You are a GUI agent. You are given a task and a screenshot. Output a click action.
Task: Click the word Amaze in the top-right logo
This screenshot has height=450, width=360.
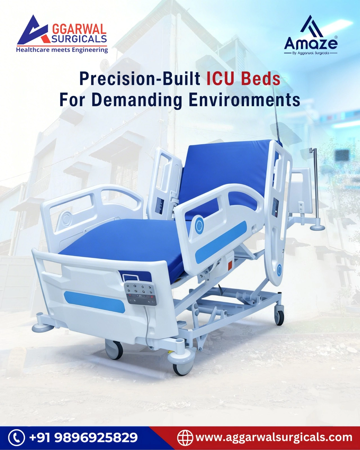click(311, 43)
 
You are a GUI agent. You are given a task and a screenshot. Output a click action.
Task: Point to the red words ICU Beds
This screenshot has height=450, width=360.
click(243, 79)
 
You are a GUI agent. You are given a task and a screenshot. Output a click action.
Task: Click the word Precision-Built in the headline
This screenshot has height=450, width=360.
click(140, 79)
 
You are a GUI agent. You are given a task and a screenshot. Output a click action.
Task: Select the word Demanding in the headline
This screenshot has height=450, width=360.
click(137, 100)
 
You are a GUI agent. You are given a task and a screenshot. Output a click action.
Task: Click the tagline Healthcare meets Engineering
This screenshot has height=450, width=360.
click(62, 50)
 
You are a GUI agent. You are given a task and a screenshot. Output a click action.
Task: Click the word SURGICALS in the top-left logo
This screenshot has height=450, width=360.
click(79, 39)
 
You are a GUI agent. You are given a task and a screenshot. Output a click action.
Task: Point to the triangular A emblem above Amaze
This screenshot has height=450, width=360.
click(311, 26)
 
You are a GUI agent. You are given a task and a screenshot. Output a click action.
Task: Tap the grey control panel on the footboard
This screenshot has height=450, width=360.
click(140, 294)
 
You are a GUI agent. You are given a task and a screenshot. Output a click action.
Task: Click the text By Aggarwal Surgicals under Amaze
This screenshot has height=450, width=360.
click(311, 53)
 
